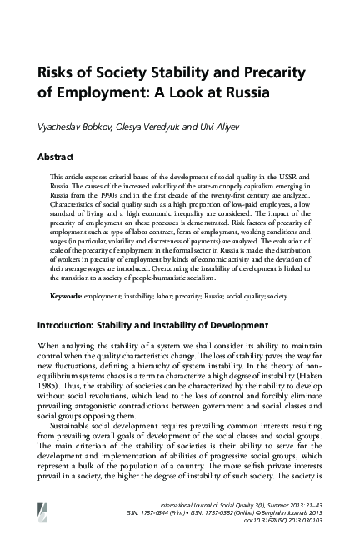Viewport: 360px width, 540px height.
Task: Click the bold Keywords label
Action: (69, 296)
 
